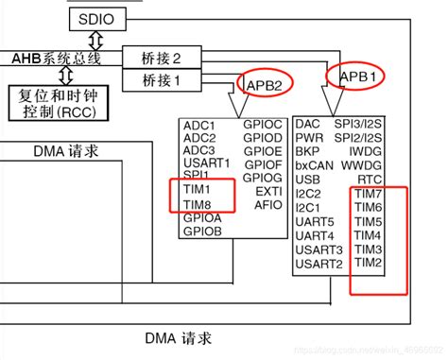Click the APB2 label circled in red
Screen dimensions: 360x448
point(266,86)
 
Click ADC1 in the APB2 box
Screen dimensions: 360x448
point(199,125)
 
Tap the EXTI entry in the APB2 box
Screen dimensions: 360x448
point(268,190)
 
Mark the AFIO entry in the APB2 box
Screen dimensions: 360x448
point(268,203)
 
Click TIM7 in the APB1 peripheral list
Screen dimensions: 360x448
point(368,194)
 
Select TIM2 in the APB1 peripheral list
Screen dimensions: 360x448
point(368,262)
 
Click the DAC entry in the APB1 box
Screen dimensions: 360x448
point(309,124)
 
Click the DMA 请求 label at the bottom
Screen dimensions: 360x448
point(178,337)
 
